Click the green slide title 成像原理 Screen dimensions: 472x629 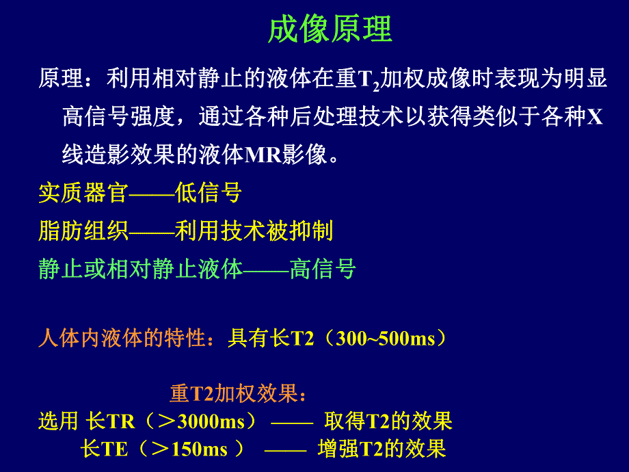(330, 30)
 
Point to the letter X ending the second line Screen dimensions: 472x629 (595, 117)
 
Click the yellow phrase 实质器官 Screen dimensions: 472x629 (83, 194)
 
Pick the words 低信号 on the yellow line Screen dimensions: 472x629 (208, 194)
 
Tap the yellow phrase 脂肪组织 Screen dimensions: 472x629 (83, 231)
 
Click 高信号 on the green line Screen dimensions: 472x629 (322, 269)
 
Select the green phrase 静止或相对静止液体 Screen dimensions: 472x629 (140, 269)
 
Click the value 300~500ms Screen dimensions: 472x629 (386, 339)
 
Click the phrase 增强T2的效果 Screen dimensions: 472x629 (382, 449)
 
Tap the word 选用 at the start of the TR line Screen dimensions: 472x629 (58, 421)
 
